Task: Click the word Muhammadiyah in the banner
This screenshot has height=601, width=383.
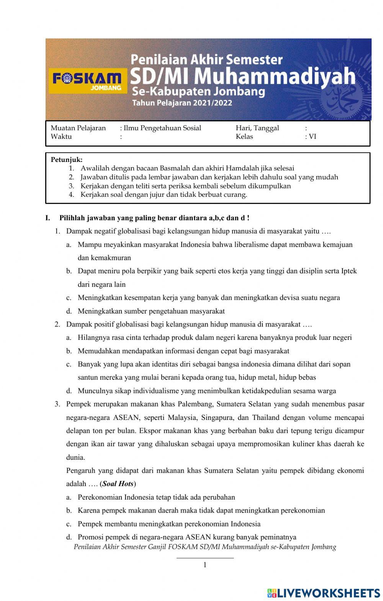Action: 275,76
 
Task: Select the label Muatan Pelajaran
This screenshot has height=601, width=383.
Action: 78,128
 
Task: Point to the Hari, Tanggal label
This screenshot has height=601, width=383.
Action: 257,128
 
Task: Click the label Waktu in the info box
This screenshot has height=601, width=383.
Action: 61,137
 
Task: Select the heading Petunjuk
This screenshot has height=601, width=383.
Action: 66,160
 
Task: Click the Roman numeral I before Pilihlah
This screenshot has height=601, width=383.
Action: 47,218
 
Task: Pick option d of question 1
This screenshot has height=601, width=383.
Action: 151,311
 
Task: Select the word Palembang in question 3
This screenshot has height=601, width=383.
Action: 195,404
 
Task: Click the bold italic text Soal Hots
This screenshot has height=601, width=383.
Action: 118,484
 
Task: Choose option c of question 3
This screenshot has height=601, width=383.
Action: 169,524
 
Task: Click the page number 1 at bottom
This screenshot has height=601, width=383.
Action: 205,565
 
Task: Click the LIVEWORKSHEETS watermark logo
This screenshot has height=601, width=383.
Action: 324,593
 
